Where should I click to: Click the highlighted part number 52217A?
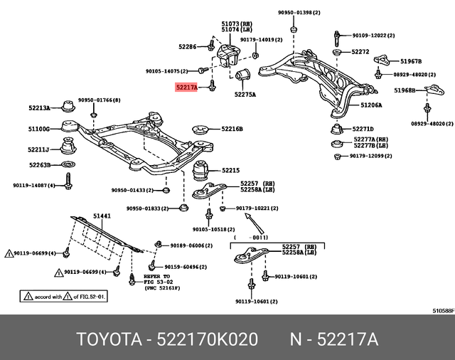(186, 87)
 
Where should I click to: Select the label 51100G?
(38, 129)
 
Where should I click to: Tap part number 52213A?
(38, 108)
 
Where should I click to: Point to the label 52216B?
(231, 129)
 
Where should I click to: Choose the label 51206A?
(370, 105)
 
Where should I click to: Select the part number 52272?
(360, 52)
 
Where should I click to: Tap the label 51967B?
(411, 62)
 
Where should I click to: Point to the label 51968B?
(405, 90)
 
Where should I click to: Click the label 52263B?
(39, 165)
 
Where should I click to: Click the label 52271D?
(363, 129)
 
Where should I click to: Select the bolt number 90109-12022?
(373, 35)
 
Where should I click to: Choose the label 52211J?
(38, 149)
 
